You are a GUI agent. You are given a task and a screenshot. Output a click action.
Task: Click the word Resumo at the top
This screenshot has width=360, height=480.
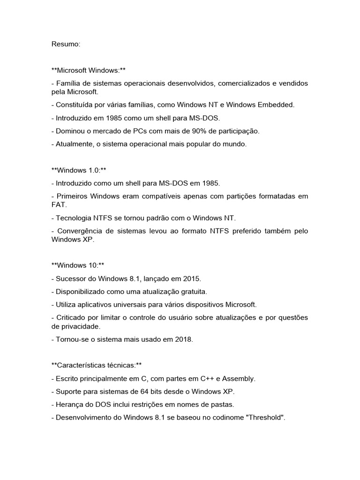coord(66,44)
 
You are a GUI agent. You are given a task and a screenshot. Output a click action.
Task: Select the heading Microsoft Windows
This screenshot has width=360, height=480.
coord(89,70)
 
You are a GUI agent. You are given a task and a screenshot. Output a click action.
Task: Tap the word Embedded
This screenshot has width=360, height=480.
coord(276,105)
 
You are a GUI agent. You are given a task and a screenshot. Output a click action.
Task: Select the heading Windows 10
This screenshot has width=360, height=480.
coord(77,265)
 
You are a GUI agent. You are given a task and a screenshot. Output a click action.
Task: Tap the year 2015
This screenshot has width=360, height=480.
coord(192,279)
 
